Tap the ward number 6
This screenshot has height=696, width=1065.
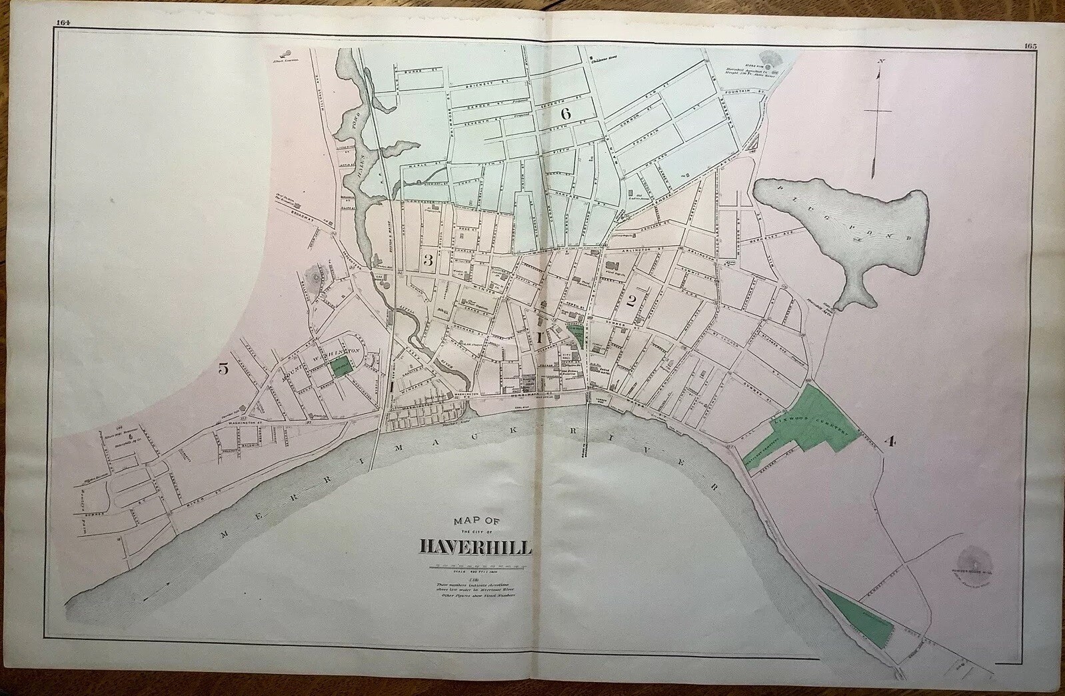point(566,113)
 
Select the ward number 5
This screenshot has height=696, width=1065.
point(224,370)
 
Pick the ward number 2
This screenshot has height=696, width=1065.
point(630,301)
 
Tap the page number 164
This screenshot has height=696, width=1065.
point(64,22)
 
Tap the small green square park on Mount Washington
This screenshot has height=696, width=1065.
point(342,365)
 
